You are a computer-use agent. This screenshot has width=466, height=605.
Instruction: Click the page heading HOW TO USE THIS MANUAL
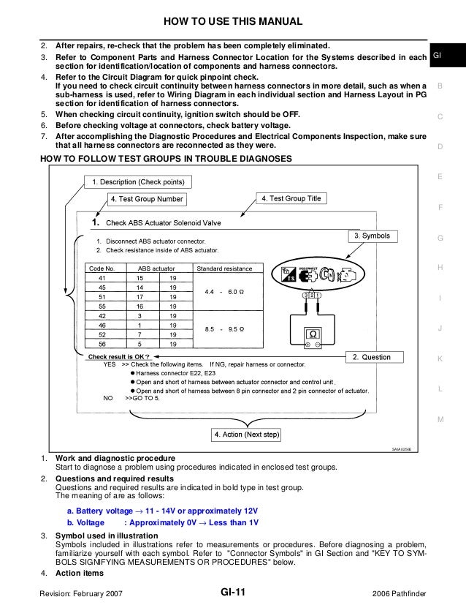(233, 18)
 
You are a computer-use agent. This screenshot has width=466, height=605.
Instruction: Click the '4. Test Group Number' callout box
(147, 198)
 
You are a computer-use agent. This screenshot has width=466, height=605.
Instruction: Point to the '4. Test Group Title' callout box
(291, 198)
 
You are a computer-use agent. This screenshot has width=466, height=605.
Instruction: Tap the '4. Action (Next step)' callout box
(248, 435)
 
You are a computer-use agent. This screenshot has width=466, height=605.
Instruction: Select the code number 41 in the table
(102, 279)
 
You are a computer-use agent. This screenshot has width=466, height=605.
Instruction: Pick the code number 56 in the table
(102, 343)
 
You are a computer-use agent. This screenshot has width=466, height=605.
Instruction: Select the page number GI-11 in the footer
(233, 593)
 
